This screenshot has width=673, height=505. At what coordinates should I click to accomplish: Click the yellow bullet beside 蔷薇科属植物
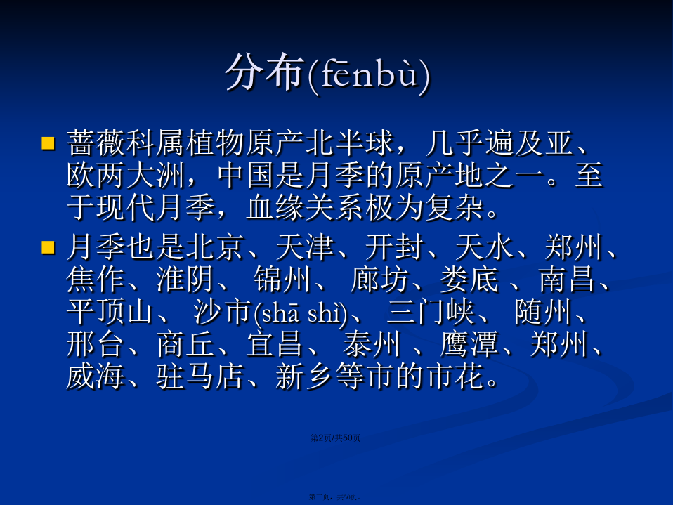point(48,143)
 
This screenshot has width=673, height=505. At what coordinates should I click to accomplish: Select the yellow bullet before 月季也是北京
point(48,247)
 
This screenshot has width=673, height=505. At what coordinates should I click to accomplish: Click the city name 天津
point(305,247)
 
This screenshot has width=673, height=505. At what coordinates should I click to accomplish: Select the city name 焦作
point(96,280)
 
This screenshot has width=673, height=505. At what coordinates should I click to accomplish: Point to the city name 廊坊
point(379,280)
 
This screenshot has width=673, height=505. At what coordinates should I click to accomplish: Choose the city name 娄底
point(469,280)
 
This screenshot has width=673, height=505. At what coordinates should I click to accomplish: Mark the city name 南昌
point(568,280)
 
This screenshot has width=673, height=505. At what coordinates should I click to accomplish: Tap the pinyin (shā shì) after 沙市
point(301,314)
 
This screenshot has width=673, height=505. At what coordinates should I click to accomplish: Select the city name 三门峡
point(431,312)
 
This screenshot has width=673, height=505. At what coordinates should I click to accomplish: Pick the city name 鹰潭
point(469,344)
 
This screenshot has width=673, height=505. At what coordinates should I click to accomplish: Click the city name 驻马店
point(200,376)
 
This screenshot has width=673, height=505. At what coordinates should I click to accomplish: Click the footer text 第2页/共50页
point(336,438)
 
